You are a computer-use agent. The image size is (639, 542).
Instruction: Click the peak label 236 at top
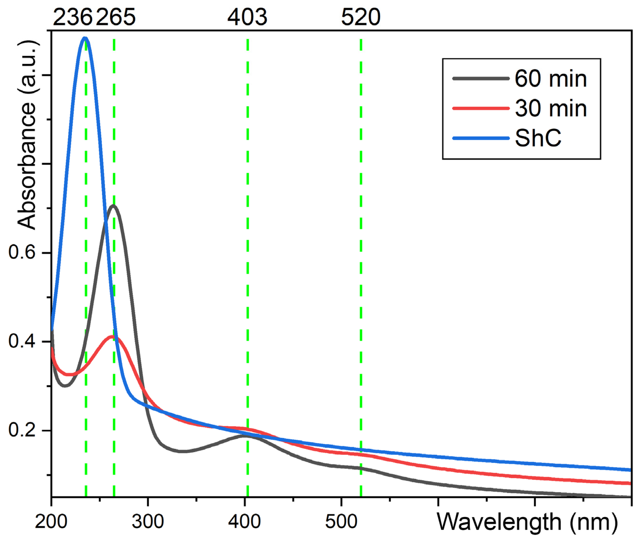[x=73, y=17]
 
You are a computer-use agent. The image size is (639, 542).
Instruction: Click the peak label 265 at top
[x=116, y=17]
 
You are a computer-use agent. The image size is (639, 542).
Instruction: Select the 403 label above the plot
[x=247, y=17]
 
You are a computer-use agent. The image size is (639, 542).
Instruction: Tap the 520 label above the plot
[x=361, y=17]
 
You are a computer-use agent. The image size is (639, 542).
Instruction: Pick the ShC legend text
[x=538, y=138]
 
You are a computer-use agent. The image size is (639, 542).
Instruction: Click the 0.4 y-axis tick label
[x=22, y=341]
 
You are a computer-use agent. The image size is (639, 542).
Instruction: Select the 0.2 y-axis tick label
[x=22, y=430]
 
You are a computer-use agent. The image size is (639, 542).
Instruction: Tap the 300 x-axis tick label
[x=148, y=522]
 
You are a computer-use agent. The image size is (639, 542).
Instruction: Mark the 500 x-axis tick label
[x=341, y=522]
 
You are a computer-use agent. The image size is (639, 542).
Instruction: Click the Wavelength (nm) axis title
[x=527, y=522]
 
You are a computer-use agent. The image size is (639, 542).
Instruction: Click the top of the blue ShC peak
[x=85, y=38]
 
